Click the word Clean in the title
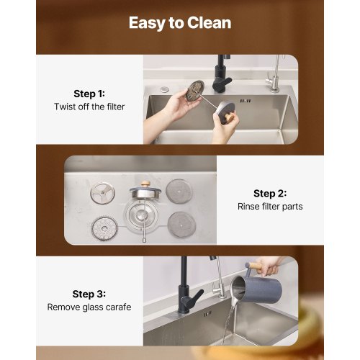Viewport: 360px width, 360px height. [209, 23]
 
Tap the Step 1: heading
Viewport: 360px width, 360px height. [89, 94]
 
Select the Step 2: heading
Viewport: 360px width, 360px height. [270, 194]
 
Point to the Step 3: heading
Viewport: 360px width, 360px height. [89, 294]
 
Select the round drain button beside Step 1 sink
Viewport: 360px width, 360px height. [164, 89]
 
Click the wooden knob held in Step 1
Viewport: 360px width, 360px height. [229, 117]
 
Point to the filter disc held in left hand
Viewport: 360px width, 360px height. [195, 91]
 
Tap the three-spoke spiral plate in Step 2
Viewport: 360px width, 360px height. [103, 194]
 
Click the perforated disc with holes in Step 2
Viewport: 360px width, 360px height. [104, 228]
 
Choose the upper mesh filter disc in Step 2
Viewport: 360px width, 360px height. [179, 192]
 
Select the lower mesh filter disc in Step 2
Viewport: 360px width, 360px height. [181, 225]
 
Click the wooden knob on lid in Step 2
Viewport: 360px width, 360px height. [145, 184]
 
